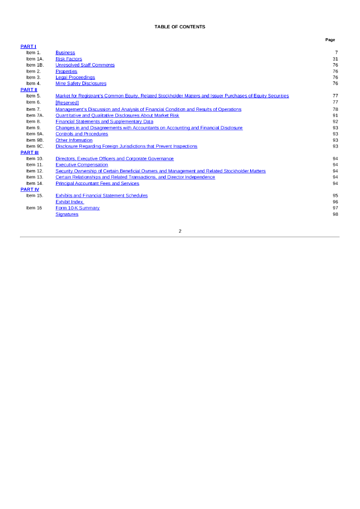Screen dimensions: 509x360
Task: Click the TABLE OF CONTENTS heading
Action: click(180, 27)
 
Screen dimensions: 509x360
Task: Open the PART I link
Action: click(28, 46)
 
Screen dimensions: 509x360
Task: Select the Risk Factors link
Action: click(69, 59)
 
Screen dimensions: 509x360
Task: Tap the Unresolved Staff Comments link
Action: click(85, 65)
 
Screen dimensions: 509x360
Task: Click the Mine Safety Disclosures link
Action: click(81, 84)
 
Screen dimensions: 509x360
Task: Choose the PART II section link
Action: click(29, 89)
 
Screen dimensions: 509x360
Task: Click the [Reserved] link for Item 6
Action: click(67, 102)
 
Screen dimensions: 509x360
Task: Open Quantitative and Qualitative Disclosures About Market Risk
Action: click(117, 115)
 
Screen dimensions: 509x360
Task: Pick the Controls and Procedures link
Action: click(82, 134)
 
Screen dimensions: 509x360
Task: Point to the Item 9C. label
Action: click(35, 146)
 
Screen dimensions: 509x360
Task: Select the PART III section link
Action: click(29, 153)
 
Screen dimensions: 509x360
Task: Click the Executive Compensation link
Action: click(82, 165)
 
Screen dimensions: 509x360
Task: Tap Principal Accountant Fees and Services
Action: click(97, 183)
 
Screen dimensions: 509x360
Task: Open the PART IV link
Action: click(29, 189)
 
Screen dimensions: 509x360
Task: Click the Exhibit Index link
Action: click(70, 202)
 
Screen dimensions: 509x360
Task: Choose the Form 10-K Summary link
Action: click(78, 208)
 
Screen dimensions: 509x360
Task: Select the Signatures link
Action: click(67, 214)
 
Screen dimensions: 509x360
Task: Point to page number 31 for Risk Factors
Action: click(335, 59)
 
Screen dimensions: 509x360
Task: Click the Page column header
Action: click(330, 40)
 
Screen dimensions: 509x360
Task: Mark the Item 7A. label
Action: click(35, 115)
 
